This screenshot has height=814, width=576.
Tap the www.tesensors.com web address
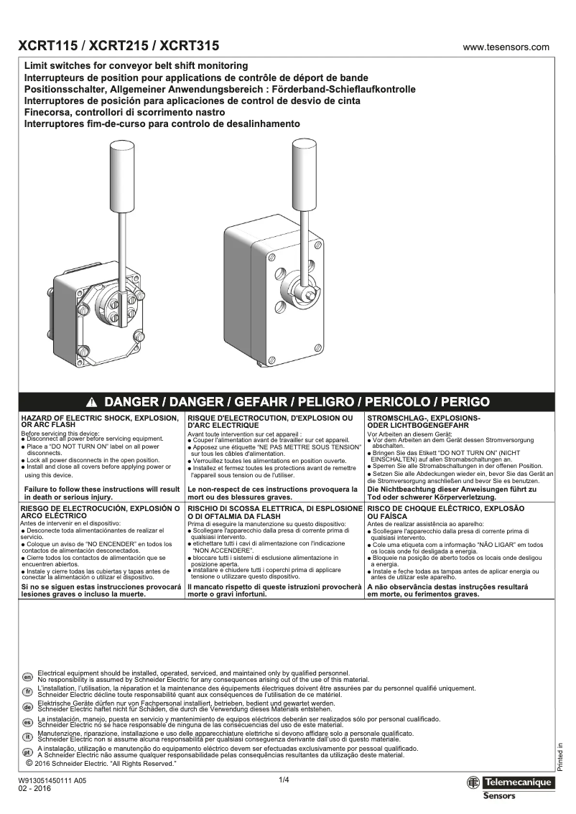[x=506, y=47]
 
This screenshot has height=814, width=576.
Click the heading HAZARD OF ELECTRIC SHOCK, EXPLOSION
[x=100, y=417]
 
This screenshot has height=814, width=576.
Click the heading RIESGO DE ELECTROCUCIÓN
[x=100, y=507]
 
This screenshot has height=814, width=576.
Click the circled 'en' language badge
[x=27, y=676]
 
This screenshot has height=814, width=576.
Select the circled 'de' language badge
[x=27, y=706]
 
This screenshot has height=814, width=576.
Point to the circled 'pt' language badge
[x=27, y=752]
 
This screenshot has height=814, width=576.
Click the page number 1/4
[x=284, y=780]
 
